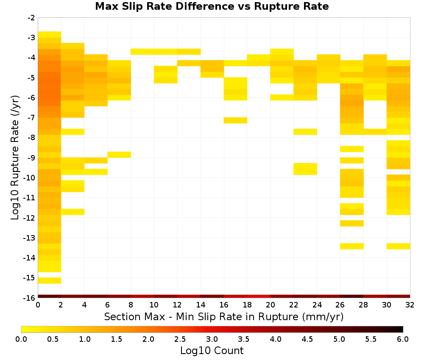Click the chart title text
[212, 6]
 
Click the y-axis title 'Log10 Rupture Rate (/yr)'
[15, 158]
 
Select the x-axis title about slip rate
[223, 316]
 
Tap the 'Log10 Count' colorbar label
[212, 351]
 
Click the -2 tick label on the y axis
[32, 18]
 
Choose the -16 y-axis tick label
[30, 298]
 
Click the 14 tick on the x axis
[201, 305]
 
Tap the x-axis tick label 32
[410, 305]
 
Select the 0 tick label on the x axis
[38, 305]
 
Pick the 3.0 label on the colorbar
[212, 339]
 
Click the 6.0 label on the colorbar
[403, 339]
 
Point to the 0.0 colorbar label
[21, 339]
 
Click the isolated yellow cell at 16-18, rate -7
[235, 120]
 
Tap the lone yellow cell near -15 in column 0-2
[50, 281]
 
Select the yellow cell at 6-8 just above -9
[119, 155]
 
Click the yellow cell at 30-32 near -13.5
[398, 246]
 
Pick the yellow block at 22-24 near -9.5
[305, 169]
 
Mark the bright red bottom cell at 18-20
[259, 296]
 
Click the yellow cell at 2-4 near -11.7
[73, 212]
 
